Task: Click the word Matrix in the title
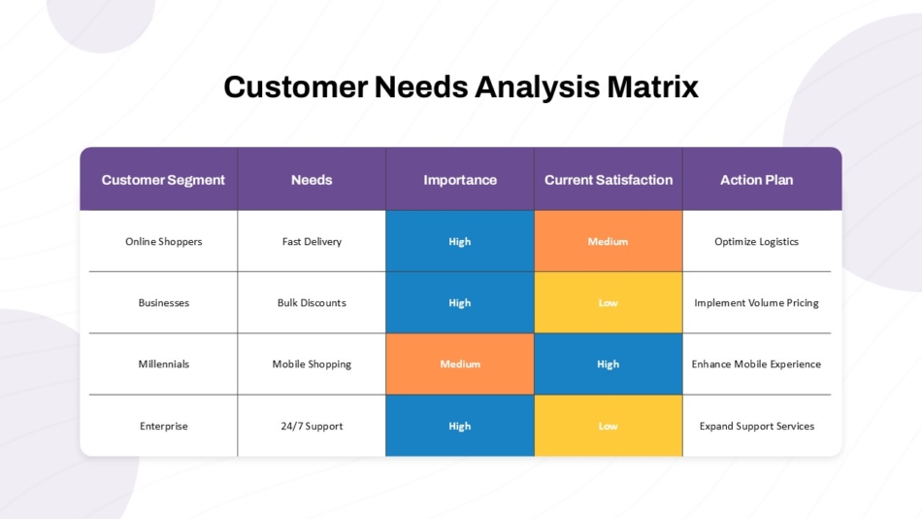[653, 87]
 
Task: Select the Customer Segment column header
[163, 180]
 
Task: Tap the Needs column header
[312, 180]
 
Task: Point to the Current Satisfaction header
[609, 180]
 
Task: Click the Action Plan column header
[757, 180]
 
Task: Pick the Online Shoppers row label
[163, 242]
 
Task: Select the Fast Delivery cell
[312, 242]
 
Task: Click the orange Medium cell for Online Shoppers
[609, 241]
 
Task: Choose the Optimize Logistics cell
[757, 242]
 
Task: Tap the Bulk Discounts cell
[312, 303]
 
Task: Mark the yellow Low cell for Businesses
[609, 302]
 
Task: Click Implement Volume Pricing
[757, 303]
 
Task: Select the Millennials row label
[163, 364]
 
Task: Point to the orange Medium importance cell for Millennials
[460, 364]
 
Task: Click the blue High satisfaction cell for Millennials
[609, 364]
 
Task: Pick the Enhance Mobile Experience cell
[756, 364]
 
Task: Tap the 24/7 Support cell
[312, 426]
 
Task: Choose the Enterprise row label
[163, 426]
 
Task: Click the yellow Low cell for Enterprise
[609, 426]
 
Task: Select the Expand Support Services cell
[757, 426]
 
